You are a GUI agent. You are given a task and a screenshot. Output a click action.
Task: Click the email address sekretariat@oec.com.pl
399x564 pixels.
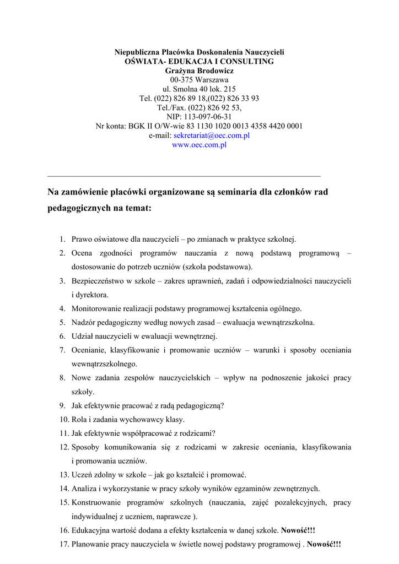(212, 135)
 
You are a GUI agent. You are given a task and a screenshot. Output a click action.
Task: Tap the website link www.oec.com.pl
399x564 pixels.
(199, 145)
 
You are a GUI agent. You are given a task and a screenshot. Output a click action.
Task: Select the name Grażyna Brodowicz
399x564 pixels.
(199, 70)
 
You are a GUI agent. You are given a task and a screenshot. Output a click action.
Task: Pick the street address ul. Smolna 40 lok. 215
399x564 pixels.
(199, 89)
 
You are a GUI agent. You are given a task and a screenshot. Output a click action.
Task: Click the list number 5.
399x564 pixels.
(62, 322)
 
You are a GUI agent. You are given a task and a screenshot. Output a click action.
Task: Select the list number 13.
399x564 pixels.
(63, 474)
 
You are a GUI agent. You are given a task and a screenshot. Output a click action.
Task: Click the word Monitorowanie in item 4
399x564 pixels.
(98, 308)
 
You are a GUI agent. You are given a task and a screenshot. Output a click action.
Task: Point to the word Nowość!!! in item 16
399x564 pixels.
(298, 530)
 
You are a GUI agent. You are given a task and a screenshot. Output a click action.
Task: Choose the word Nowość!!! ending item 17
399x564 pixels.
(324, 544)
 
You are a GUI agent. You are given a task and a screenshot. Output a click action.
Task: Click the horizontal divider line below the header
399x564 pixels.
(184, 176)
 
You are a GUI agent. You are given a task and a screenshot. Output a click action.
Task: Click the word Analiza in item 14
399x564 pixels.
(84, 488)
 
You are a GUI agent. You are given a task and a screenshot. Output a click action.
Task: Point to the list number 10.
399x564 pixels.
(63, 419)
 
